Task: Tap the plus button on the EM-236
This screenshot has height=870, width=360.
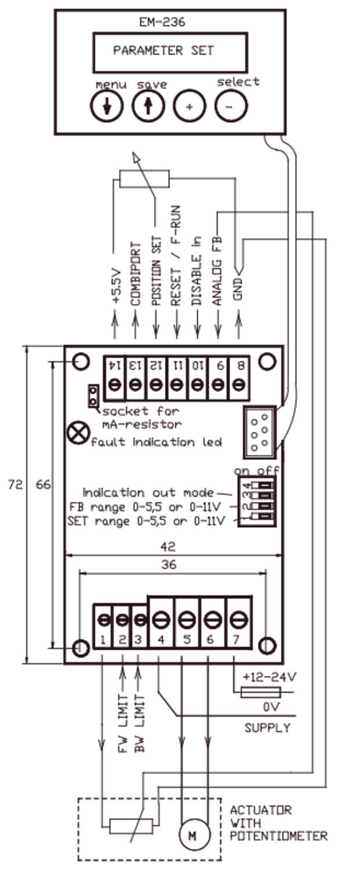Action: coord(190,106)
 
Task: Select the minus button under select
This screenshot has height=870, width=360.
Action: coord(231,106)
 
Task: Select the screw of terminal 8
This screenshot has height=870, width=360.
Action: coord(238,385)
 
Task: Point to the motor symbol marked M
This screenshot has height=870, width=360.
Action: coord(191,835)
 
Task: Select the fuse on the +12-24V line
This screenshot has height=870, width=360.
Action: coord(260,691)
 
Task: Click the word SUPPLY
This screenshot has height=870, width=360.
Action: coord(267,727)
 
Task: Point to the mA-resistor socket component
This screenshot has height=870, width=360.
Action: coord(92,397)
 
